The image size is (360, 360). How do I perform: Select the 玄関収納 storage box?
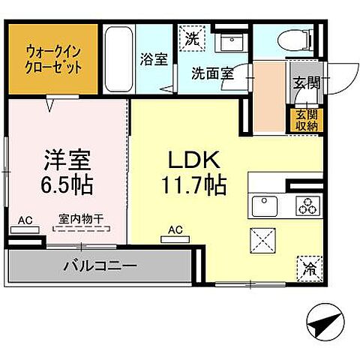(x=306, y=121)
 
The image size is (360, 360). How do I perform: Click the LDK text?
(x=192, y=160)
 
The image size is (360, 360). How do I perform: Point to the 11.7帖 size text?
(x=192, y=184)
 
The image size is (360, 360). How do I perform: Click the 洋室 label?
(x=67, y=160)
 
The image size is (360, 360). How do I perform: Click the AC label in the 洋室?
(x=25, y=220)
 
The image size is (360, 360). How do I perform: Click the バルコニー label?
(x=100, y=265)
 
